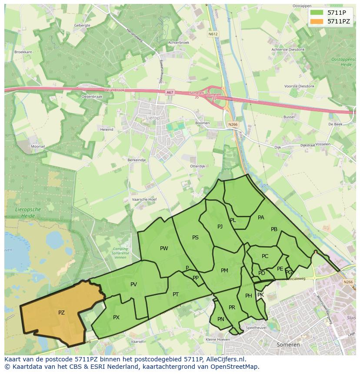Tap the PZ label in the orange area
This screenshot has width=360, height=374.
[61, 312]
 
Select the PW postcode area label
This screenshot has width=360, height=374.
[164, 248]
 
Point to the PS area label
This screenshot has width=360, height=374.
[195, 237]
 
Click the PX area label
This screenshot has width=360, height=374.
[116, 318]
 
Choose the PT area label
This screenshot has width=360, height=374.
[176, 294]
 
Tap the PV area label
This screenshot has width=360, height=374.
[133, 285]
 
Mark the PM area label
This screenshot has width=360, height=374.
[224, 270]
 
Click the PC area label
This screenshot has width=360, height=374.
[265, 256]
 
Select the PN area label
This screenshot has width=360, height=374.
[221, 319]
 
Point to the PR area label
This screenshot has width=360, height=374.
[232, 308]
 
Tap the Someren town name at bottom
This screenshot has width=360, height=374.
[288, 344]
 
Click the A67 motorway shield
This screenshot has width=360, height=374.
[169, 93]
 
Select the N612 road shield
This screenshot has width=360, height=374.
[213, 34]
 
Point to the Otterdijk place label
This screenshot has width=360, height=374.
[197, 166]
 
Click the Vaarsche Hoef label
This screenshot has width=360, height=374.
[144, 199]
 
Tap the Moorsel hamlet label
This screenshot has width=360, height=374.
[37, 146]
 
